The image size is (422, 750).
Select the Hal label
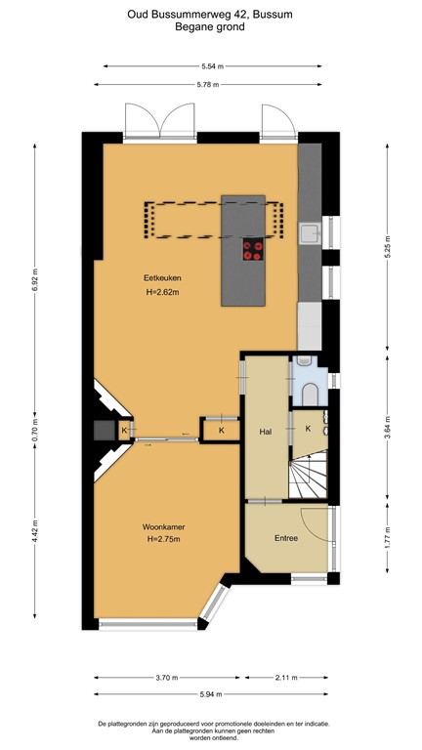(x=264, y=430)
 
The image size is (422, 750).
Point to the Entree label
(x=286, y=538)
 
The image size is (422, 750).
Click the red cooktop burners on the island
(x=253, y=250)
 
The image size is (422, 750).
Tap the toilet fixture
(x=311, y=394)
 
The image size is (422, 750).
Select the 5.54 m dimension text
(x=212, y=66)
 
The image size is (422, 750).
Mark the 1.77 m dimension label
(x=387, y=536)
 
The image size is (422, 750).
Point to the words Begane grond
(x=210, y=28)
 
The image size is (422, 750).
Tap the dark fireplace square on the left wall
(x=101, y=431)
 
